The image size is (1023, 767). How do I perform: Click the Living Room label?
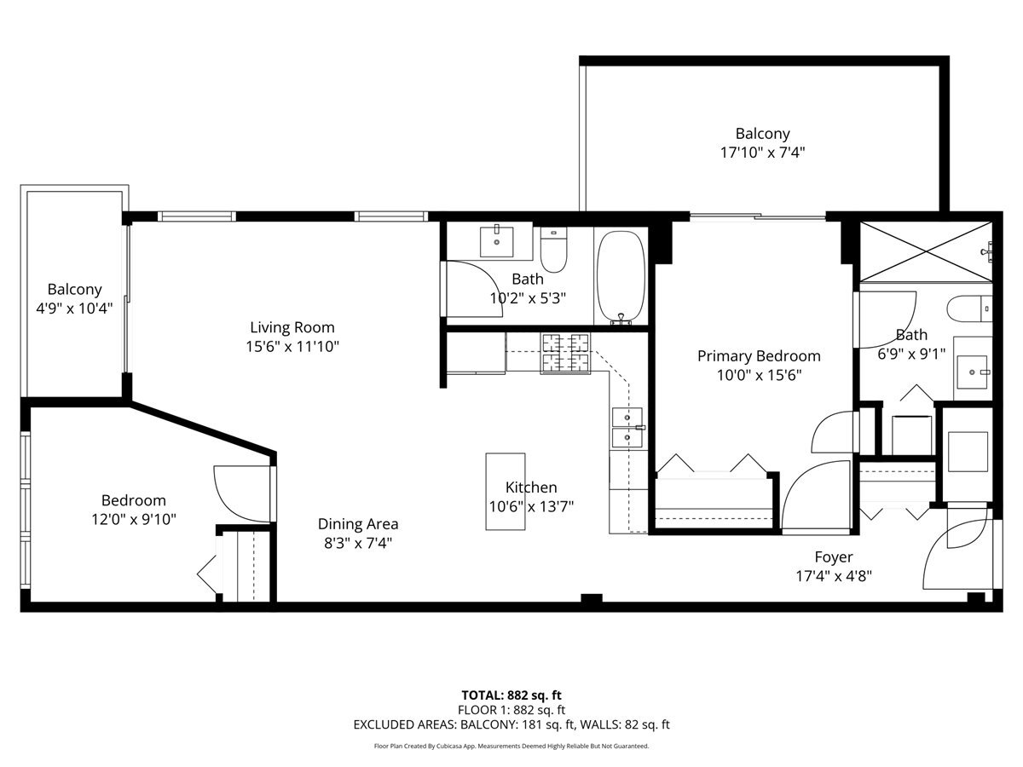(x=292, y=327)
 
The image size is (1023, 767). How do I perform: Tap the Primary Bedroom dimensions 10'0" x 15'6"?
(x=759, y=375)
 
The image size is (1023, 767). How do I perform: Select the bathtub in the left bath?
(x=621, y=276)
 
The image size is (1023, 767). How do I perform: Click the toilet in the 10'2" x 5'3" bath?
(x=553, y=250)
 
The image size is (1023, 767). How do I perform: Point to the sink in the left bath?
(x=497, y=242)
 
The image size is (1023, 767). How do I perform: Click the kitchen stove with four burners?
(x=565, y=354)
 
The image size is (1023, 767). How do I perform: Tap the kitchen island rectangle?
(x=506, y=492)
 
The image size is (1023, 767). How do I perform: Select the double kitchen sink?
(x=627, y=428)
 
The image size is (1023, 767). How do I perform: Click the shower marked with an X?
(x=926, y=252)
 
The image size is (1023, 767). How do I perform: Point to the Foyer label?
(x=834, y=557)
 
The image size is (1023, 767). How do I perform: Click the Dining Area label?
(x=358, y=524)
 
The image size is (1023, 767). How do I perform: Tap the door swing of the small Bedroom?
(x=242, y=493)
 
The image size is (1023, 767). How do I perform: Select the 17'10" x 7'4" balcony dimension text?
(x=762, y=153)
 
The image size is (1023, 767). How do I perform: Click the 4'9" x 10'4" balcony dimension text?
(x=74, y=308)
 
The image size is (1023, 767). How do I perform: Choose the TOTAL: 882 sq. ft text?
(x=511, y=695)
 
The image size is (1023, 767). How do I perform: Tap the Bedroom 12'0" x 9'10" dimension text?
(x=134, y=519)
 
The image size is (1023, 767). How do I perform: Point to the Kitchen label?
(x=531, y=487)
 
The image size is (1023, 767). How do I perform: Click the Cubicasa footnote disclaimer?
(x=511, y=746)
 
